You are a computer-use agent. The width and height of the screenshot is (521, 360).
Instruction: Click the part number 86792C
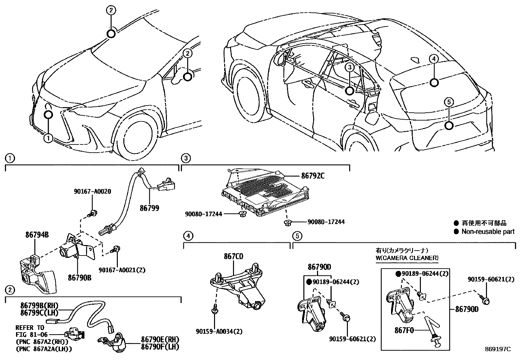(313, 176)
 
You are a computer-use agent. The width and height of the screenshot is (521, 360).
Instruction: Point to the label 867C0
(233, 256)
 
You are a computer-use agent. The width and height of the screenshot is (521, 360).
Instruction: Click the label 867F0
(404, 330)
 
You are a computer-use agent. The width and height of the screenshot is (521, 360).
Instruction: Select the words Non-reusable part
(488, 232)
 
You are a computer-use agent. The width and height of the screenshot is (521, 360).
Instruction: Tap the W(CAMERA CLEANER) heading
(407, 258)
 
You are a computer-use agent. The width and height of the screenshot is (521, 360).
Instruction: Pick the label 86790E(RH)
(160, 339)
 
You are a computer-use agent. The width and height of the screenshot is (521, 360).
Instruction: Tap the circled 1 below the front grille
(48, 138)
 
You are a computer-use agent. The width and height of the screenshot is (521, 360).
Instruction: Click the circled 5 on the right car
(449, 103)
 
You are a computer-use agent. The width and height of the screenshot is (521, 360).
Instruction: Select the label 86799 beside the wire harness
(149, 208)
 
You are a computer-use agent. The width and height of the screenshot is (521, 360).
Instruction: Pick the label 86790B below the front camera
(80, 278)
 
